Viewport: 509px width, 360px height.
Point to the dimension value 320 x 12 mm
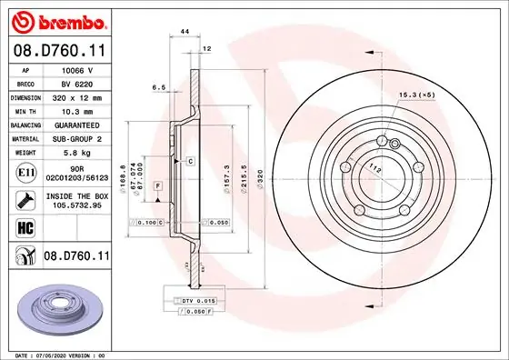pyautogui.click(x=77, y=95)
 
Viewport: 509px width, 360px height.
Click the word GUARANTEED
pyautogui.click(x=77, y=124)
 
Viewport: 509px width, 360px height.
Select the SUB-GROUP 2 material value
pyautogui.click(x=77, y=138)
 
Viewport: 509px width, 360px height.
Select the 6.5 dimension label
pyautogui.click(x=157, y=88)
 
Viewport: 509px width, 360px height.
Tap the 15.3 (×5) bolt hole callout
pyautogui.click(x=415, y=95)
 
